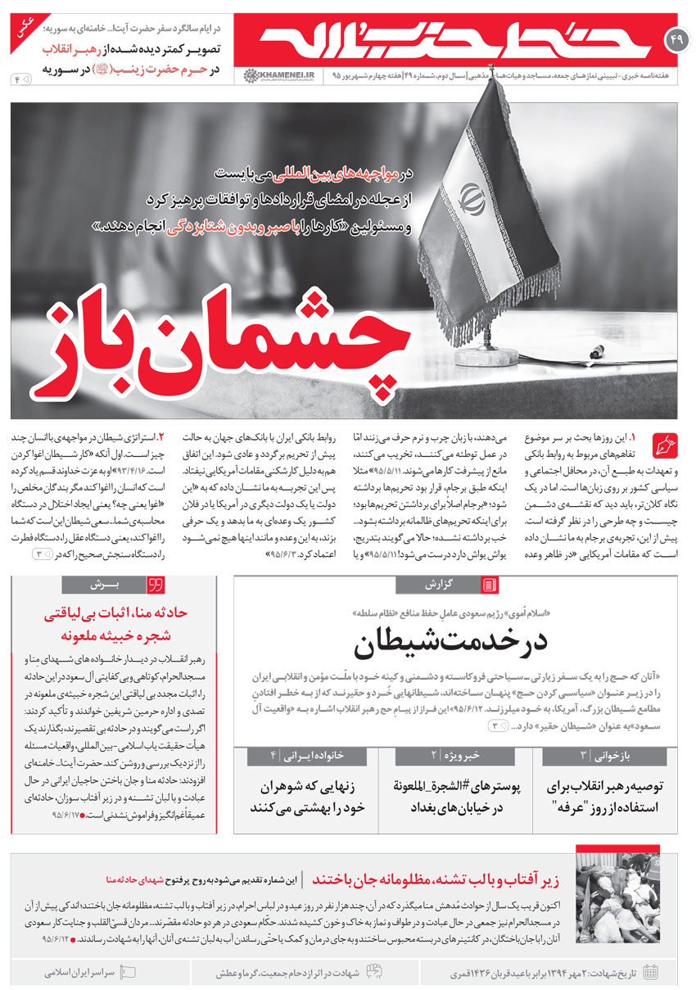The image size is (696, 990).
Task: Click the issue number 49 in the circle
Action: tap(676, 39)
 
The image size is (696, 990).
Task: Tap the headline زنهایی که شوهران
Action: tap(308, 797)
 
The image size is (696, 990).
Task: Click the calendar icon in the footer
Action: tap(652, 972)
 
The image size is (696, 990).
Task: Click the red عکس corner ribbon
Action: tap(16, 28)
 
